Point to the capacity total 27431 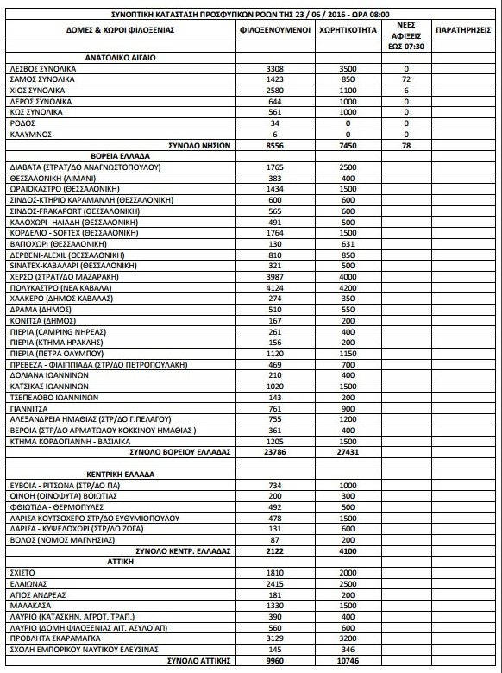pos(347,451)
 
